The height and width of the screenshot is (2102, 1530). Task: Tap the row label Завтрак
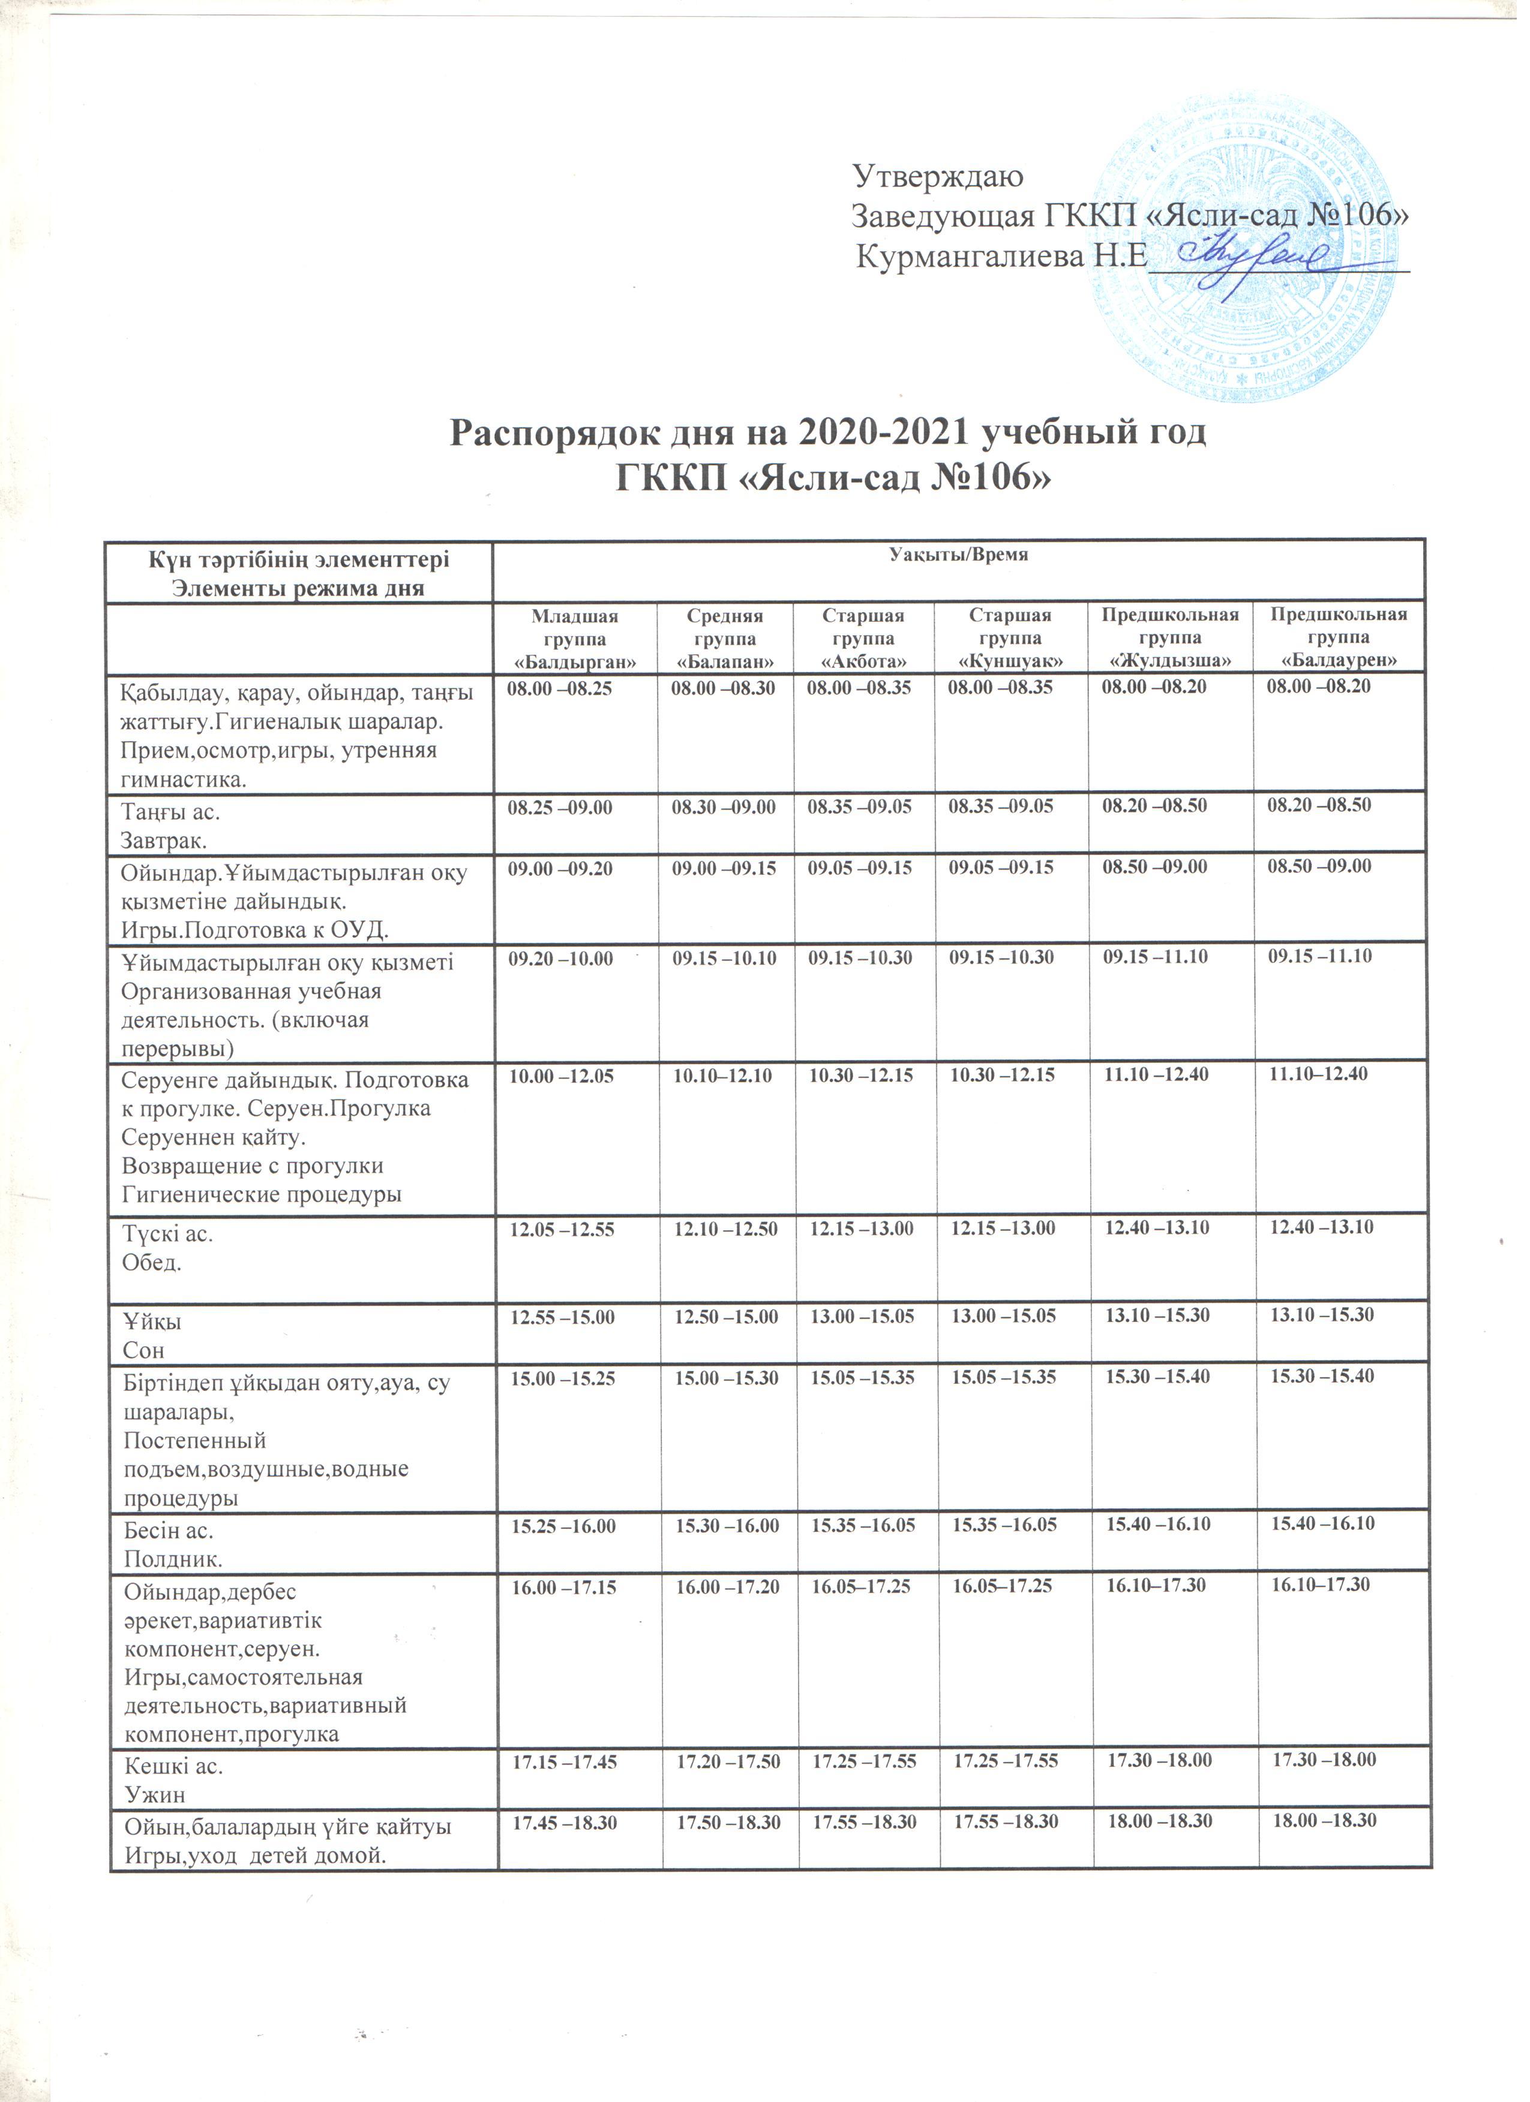pyautogui.click(x=164, y=841)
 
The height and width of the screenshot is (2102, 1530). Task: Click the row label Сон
pyautogui.click(x=144, y=1350)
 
